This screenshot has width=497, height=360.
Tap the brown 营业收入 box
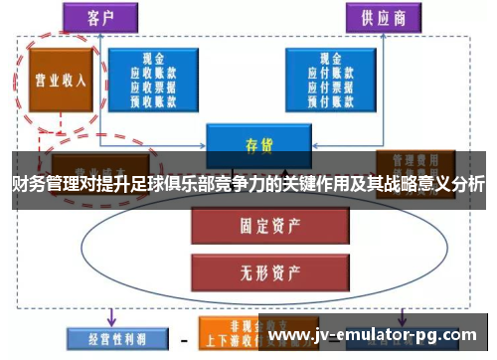point(61,80)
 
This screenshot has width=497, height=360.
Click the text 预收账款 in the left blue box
point(150,99)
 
